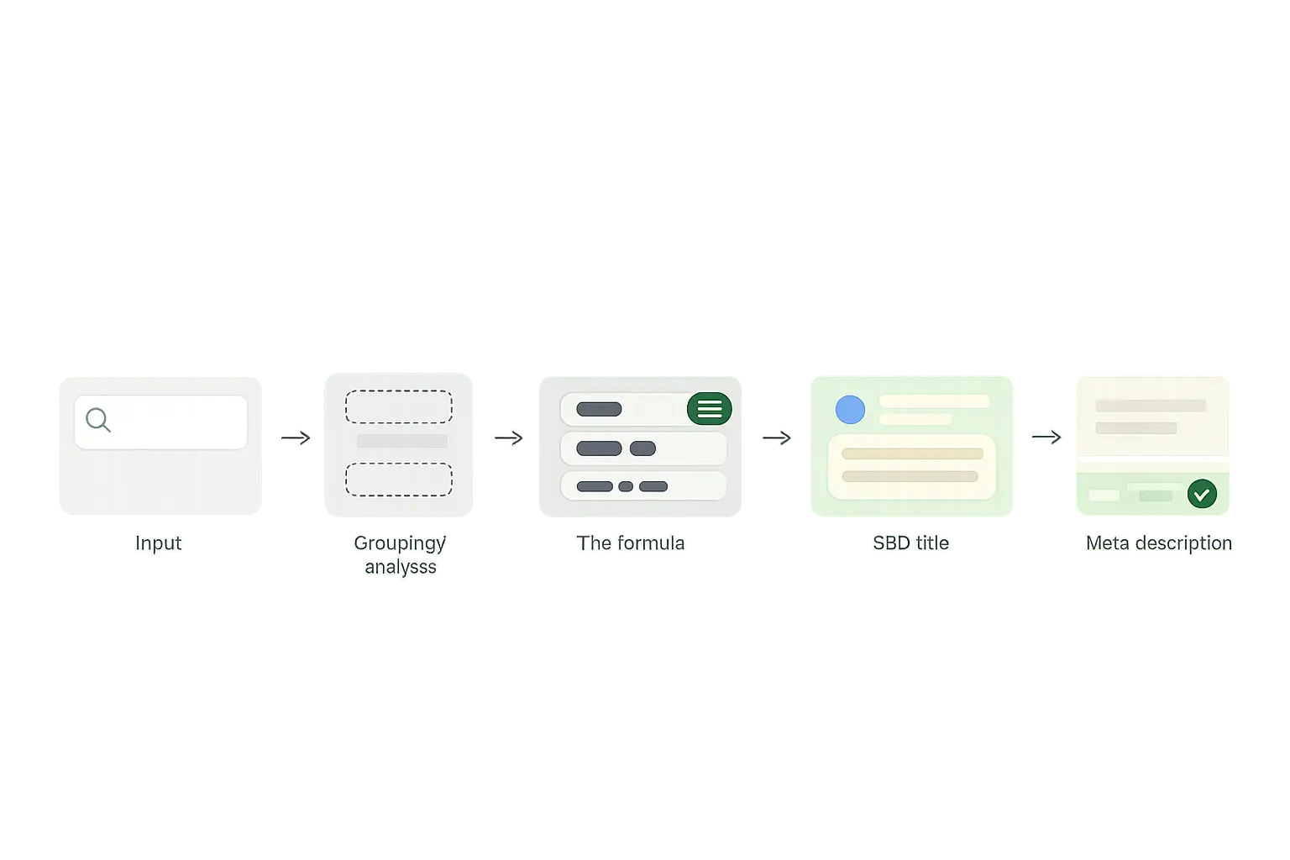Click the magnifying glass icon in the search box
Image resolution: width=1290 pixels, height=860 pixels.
(x=98, y=420)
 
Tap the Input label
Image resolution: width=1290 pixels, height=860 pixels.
(x=159, y=543)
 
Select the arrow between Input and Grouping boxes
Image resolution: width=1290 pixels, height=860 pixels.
(x=295, y=438)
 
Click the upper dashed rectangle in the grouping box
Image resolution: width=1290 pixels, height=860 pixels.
(x=399, y=406)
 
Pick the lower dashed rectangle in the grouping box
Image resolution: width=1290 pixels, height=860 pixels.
(x=399, y=480)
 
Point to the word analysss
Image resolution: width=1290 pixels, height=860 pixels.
(x=401, y=567)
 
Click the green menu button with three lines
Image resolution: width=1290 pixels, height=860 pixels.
(x=709, y=409)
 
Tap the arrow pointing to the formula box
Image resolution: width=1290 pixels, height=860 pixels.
(x=508, y=438)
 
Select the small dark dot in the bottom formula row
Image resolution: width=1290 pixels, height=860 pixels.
(x=626, y=486)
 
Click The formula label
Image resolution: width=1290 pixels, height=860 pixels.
(x=631, y=543)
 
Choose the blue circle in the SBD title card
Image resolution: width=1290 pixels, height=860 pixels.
(x=850, y=410)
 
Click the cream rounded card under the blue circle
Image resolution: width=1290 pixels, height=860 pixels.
(x=911, y=466)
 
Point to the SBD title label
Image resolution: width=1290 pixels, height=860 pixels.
(x=911, y=543)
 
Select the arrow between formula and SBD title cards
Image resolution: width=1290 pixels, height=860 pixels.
(x=777, y=438)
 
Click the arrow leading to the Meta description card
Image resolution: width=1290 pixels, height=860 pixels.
(x=1046, y=437)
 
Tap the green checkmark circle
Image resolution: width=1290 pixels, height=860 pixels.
(x=1202, y=494)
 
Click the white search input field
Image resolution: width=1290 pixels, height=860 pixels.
(x=176, y=422)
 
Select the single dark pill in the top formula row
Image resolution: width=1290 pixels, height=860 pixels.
(x=599, y=409)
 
